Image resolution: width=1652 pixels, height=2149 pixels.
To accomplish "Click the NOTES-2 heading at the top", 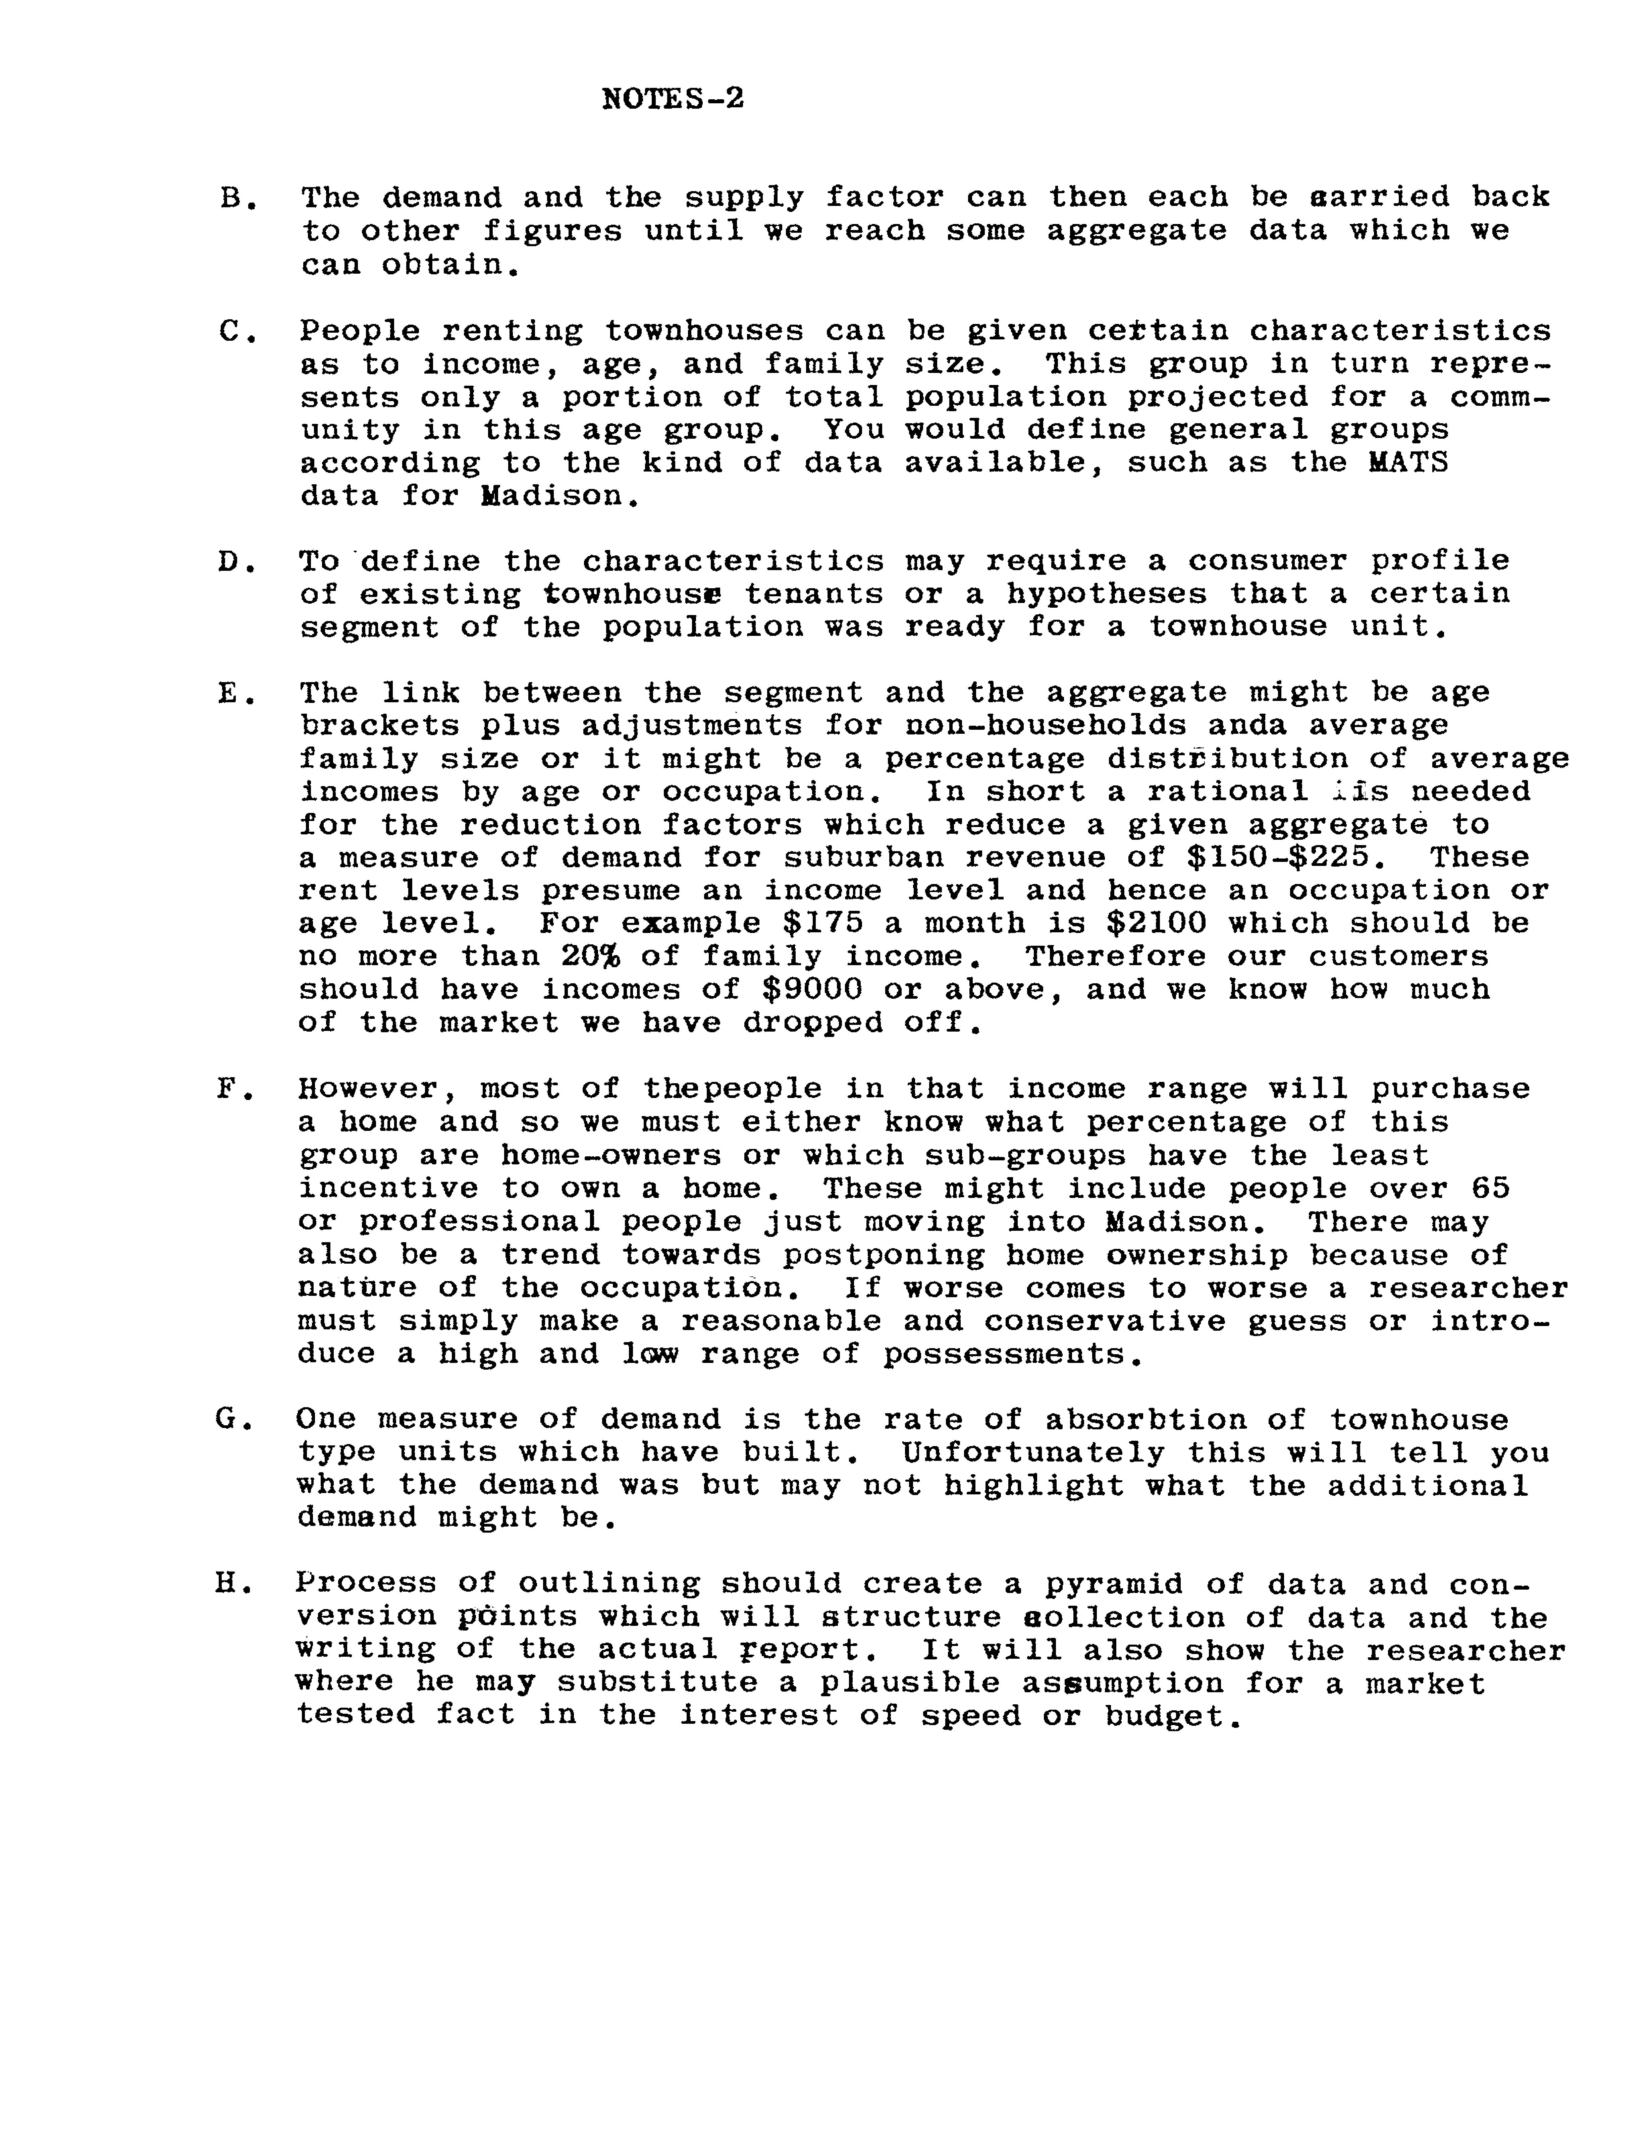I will pyautogui.click(x=673, y=98).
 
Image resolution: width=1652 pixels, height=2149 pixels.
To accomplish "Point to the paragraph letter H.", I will pyautogui.click(x=228, y=1584).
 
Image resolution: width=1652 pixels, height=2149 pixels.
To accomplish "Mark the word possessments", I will pyautogui.click(x=1013, y=1355).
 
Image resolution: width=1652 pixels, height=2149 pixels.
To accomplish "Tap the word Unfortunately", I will pyautogui.click(x=1032, y=1452).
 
